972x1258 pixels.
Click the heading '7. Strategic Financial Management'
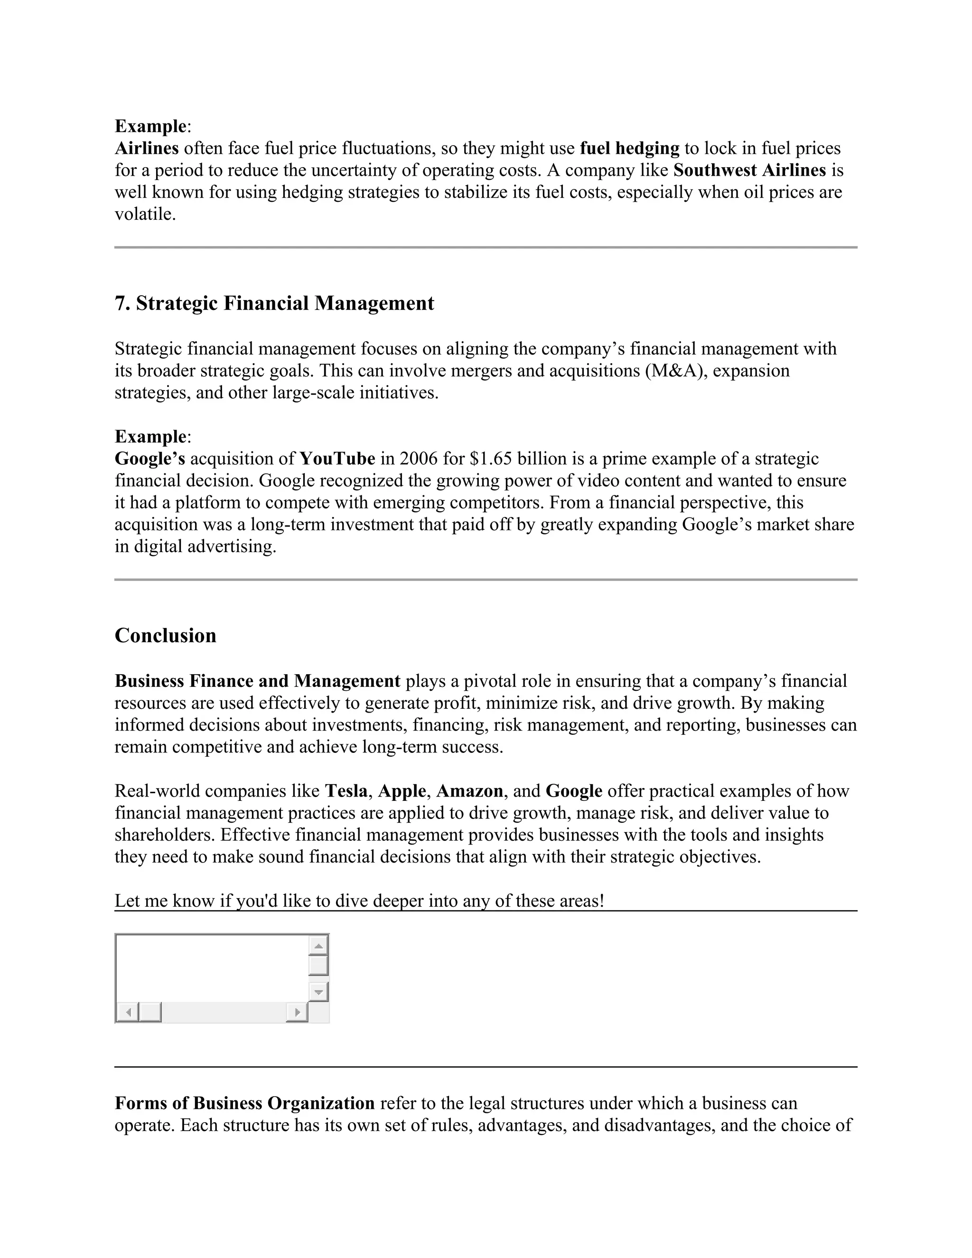tap(274, 303)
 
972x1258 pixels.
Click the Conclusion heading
tap(165, 635)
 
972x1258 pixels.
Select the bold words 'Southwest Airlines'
tap(749, 170)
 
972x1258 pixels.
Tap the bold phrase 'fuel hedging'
tap(629, 149)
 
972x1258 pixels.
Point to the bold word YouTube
tap(337, 459)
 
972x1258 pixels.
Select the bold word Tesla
tap(346, 791)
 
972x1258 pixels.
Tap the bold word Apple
tap(402, 791)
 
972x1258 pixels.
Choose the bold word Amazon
tap(469, 791)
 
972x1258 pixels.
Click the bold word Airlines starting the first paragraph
tap(147, 149)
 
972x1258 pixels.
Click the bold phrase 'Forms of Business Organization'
tap(245, 1104)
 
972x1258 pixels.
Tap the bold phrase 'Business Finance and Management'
tap(257, 681)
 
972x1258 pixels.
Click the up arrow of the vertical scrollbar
tap(318, 945)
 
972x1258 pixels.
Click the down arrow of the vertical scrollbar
tap(318, 992)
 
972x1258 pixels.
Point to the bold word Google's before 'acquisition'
tap(150, 459)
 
